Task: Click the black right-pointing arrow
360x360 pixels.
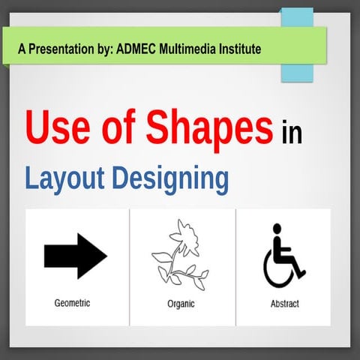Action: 75,256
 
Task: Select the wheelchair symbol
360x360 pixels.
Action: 283,256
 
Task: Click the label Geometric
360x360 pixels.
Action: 72,304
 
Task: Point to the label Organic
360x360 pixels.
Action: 181,304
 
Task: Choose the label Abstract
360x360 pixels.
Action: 284,304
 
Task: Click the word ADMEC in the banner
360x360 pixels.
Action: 138,49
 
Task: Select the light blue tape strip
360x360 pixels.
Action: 296,45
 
